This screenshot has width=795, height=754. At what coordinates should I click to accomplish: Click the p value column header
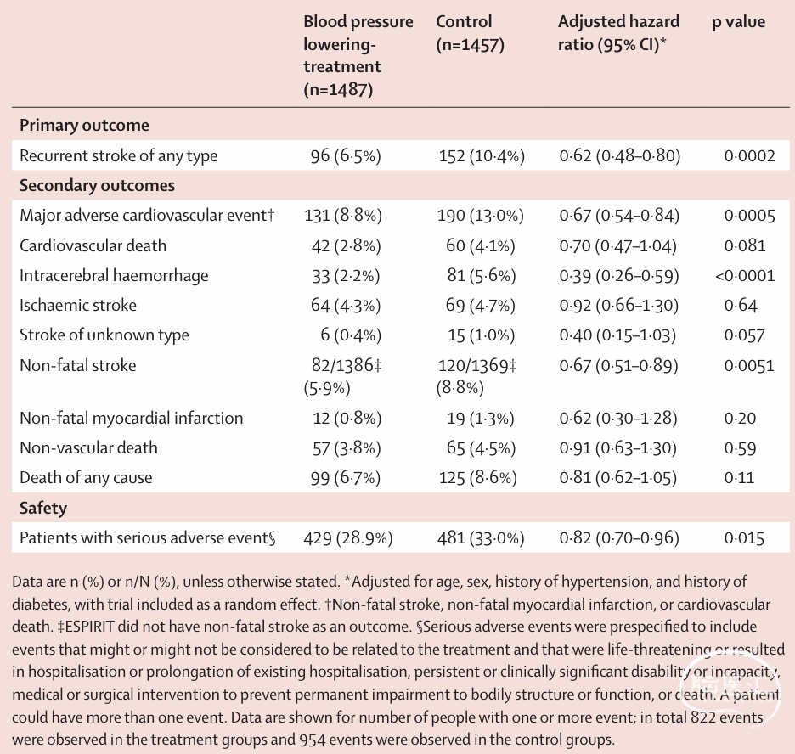(738, 22)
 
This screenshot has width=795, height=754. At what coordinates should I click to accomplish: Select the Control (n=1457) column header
(470, 33)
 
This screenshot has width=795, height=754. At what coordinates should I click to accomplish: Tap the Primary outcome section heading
(84, 125)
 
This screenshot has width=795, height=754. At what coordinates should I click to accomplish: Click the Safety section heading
(43, 508)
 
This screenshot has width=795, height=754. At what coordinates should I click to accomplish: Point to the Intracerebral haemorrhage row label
(114, 275)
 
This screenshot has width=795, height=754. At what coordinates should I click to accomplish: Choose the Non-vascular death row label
(88, 447)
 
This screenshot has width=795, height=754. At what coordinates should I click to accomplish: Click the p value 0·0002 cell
(749, 155)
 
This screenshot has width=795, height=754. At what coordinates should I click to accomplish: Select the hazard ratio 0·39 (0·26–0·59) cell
(619, 275)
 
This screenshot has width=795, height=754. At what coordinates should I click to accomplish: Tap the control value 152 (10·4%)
(482, 155)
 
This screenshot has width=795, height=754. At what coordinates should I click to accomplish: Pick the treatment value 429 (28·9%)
(348, 537)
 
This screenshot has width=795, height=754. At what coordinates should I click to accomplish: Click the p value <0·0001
(745, 276)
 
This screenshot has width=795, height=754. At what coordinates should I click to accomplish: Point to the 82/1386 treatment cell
(343, 376)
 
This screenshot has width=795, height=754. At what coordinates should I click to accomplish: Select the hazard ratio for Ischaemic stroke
(618, 305)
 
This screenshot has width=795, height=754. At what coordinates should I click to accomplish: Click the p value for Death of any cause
(739, 477)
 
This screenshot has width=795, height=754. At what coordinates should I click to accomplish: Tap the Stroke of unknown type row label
(104, 335)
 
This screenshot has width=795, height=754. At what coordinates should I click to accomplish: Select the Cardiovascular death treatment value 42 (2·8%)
(347, 245)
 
